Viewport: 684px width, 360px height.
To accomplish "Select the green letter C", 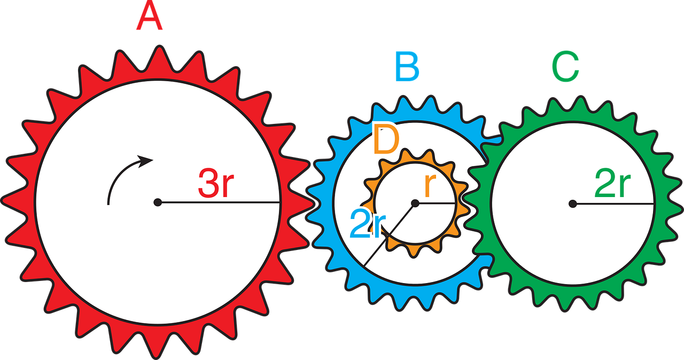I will pos(565,68).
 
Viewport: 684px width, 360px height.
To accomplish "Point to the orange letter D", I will pos(386,140).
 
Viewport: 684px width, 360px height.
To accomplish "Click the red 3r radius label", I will pos(216,183).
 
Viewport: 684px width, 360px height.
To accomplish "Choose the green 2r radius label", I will pos(612,185).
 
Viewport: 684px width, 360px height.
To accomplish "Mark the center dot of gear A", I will pos(158,202).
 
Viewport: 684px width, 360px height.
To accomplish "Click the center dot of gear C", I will pos(572,204).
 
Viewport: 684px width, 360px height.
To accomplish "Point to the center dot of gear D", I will pos(415,203).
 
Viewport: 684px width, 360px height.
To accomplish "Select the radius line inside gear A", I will pos(219,202).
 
